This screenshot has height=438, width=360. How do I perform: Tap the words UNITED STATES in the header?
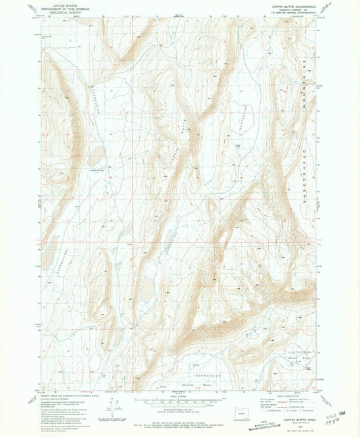pos(61,5)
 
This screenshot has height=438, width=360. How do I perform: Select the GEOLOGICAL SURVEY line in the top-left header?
pos(61,12)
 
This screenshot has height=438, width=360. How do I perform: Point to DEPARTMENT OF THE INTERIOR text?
pos(61,8)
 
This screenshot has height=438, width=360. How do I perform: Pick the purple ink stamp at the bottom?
pos(230,425)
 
